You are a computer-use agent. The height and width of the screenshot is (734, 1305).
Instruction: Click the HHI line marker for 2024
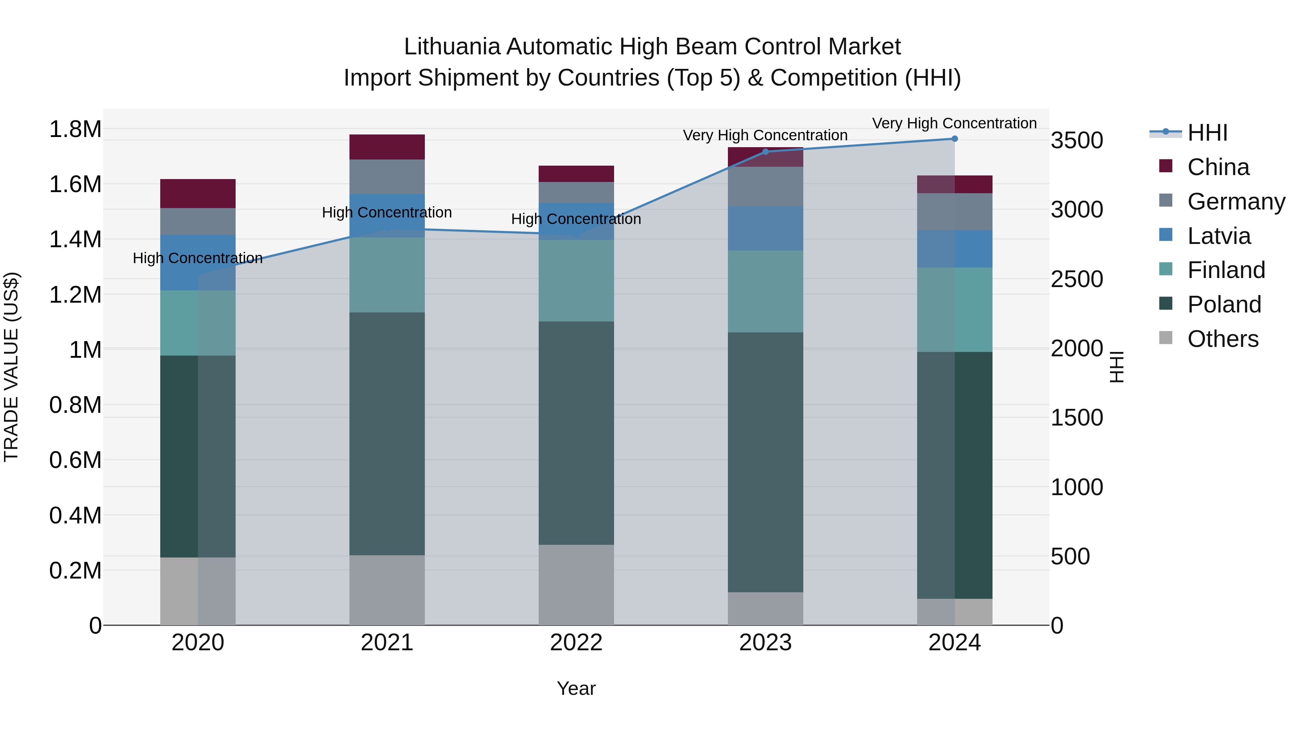click(954, 139)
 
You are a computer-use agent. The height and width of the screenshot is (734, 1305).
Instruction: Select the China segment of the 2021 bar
click(387, 147)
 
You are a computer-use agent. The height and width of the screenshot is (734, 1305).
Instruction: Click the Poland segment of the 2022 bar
click(576, 433)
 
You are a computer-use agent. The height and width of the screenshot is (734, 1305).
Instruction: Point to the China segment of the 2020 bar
click(198, 194)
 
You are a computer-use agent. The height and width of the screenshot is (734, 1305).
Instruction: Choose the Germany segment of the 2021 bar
click(387, 177)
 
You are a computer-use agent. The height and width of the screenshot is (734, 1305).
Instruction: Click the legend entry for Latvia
click(1218, 236)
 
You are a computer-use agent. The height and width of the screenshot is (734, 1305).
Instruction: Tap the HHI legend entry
click(1207, 133)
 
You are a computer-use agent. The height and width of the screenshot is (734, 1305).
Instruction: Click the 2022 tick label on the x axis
click(576, 643)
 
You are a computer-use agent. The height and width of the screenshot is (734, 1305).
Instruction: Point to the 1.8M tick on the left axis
click(75, 129)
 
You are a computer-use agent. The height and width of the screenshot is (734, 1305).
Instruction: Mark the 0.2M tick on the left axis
click(75, 571)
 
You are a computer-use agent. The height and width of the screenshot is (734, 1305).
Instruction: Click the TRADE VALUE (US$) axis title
click(12, 367)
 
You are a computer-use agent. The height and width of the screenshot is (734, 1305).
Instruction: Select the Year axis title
click(576, 688)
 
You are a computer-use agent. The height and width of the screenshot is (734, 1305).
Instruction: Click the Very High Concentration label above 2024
click(954, 123)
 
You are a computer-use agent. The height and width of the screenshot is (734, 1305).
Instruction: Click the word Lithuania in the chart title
click(452, 47)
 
